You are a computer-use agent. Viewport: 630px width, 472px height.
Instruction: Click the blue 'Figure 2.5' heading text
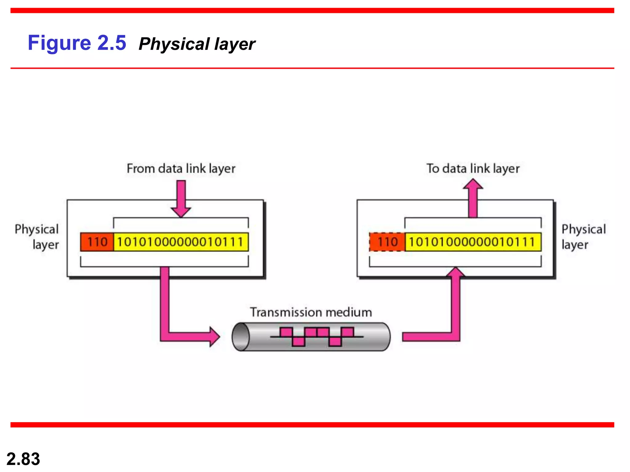77,43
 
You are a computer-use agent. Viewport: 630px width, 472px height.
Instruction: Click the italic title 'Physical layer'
197,44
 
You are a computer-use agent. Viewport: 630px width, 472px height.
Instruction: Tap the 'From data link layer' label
181,169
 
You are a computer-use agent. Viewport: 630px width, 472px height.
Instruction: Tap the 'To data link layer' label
473,169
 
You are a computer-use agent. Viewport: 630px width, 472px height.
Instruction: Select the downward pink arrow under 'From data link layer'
181,198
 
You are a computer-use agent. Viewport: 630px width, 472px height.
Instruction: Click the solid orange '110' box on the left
97,242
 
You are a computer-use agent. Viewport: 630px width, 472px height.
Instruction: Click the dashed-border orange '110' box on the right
387,242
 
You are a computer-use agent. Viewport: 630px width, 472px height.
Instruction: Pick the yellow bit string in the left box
181,242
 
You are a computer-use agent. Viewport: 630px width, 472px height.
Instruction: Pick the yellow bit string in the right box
473,242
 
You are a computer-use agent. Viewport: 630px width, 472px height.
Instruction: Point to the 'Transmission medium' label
311,312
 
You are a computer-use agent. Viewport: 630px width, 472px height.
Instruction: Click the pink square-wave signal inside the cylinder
317,336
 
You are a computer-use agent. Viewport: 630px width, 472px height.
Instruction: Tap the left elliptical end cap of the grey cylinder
241,337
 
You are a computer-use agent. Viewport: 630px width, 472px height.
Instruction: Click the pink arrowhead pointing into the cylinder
214,337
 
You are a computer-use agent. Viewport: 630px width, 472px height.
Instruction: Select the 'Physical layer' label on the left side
37,237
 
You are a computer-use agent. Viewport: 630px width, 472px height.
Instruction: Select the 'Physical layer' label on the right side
583,237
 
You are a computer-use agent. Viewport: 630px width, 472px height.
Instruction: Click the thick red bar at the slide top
312,10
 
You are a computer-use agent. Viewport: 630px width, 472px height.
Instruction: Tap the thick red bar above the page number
312,425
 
